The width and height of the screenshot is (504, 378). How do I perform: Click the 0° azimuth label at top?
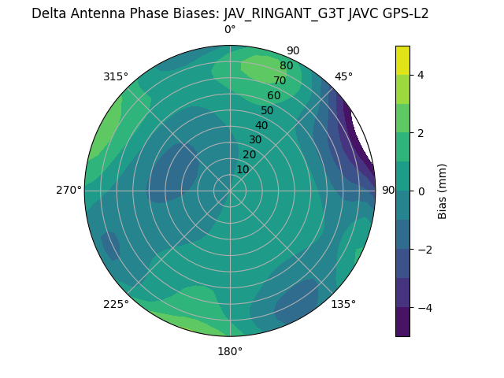(230, 30)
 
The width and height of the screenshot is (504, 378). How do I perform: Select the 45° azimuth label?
(343, 76)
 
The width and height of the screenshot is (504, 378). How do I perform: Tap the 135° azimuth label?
(343, 304)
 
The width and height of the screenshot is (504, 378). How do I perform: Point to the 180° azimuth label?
(230, 351)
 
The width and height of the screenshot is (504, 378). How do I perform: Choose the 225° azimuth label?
(116, 304)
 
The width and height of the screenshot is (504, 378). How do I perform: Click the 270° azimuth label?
(69, 190)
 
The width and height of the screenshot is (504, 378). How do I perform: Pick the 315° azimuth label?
(116, 76)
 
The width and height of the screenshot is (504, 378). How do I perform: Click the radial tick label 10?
(243, 169)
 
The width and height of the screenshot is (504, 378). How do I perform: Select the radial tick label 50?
(267, 111)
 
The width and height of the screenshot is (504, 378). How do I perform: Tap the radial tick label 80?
(286, 66)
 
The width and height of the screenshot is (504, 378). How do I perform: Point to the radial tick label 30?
(255, 140)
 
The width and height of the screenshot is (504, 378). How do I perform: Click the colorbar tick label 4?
(421, 75)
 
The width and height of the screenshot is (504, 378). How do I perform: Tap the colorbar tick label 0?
(421, 191)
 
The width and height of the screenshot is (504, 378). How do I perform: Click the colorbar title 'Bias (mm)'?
(443, 191)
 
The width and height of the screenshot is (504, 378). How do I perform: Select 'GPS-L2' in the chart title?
(402, 13)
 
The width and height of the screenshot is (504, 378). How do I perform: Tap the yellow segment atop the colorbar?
(402, 61)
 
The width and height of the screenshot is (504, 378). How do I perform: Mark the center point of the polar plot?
(230, 190)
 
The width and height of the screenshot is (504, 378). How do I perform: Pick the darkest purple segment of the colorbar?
(402, 321)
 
